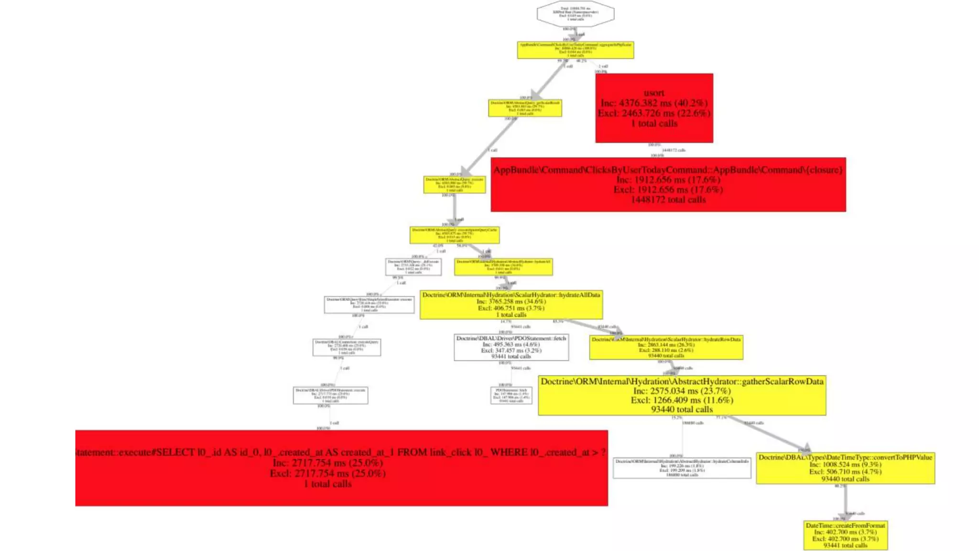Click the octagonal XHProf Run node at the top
(x=575, y=14)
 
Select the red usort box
(x=654, y=108)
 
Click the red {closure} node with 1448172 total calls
(x=668, y=185)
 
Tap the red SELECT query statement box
(x=341, y=468)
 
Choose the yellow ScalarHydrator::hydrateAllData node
(x=511, y=305)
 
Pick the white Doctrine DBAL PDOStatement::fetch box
(x=511, y=347)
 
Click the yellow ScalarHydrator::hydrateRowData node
(x=666, y=348)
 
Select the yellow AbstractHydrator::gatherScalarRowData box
(x=682, y=395)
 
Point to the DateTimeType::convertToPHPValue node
(x=845, y=468)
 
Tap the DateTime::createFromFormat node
(x=845, y=535)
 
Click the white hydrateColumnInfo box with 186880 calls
(x=682, y=468)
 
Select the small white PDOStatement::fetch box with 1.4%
(x=511, y=396)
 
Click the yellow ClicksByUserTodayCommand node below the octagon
(x=575, y=50)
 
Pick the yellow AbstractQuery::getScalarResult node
(x=525, y=108)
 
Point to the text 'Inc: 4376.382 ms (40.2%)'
(x=654, y=103)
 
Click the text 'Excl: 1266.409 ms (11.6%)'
(x=682, y=400)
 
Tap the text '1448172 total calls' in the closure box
(x=668, y=200)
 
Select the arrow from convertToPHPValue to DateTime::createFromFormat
(x=845, y=502)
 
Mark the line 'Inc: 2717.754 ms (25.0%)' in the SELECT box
(x=328, y=463)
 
